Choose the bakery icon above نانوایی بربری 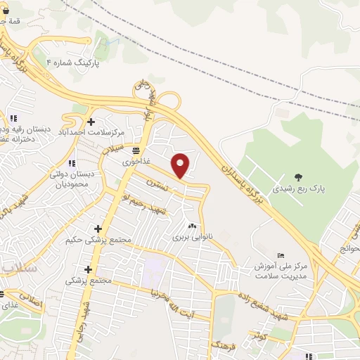191,226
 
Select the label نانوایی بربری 191,238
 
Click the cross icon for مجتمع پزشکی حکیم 98,229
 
